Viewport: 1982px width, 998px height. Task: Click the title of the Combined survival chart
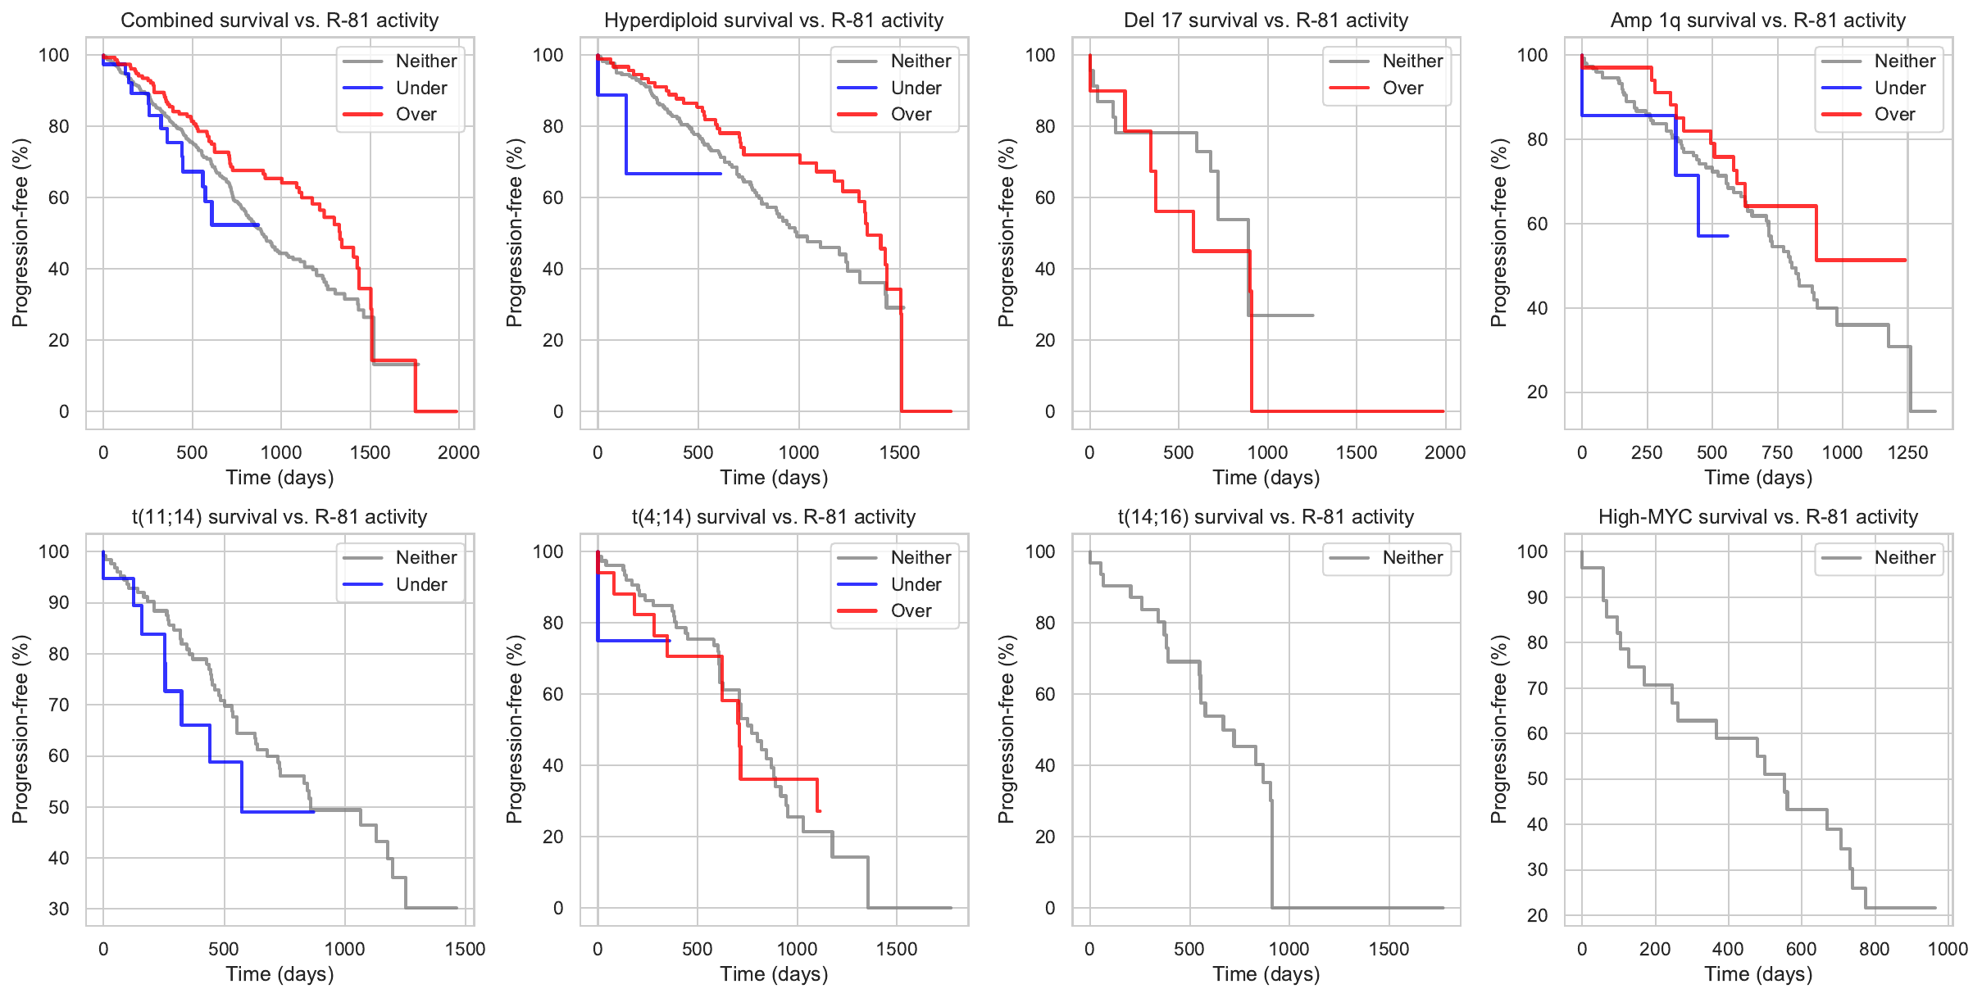tap(280, 20)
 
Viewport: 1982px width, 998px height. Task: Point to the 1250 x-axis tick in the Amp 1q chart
tap(1907, 452)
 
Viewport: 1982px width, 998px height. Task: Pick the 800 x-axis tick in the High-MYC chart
tap(1874, 949)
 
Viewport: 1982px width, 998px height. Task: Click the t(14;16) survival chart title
tap(1266, 517)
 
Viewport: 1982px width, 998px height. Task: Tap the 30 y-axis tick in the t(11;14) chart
tap(59, 909)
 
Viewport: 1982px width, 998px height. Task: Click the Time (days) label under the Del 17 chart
tap(1266, 478)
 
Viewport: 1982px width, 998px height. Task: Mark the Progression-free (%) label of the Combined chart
tap(20, 233)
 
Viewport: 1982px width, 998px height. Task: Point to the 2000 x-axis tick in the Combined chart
tap(458, 452)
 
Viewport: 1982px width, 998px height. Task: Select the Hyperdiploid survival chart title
tap(774, 20)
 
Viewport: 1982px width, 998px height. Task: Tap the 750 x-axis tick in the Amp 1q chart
tap(1777, 452)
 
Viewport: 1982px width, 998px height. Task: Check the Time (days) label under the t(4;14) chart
tap(774, 974)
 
